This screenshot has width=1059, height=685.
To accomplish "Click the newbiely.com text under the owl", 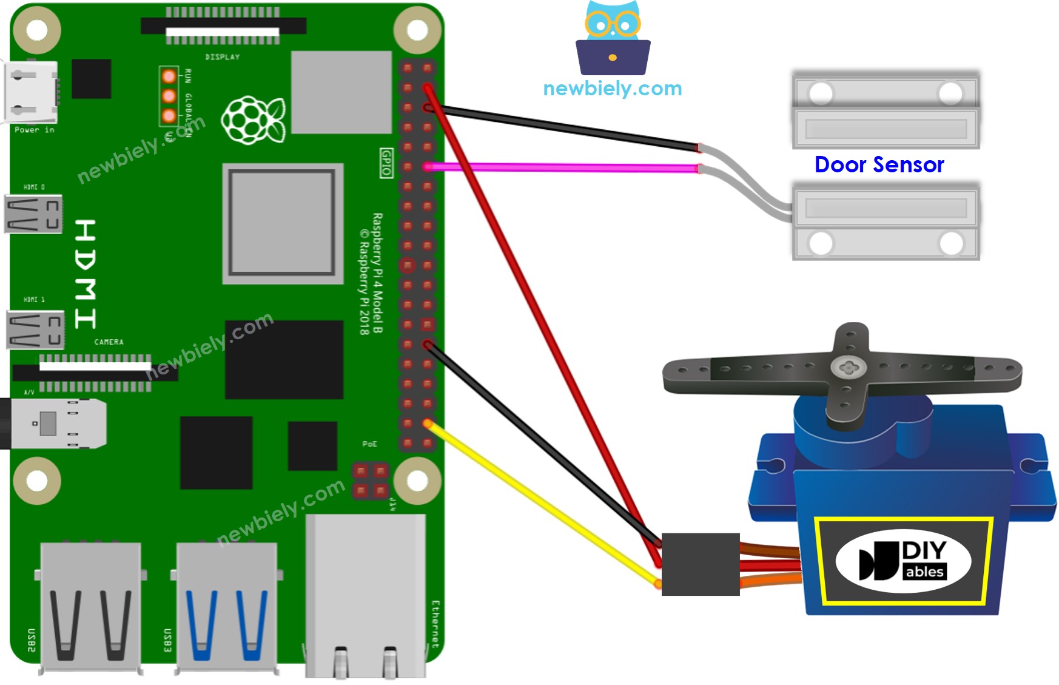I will [612, 89].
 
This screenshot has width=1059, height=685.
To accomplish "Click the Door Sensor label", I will [879, 164].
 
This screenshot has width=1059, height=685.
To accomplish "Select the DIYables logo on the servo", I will [903, 561].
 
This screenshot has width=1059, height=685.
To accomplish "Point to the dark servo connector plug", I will [700, 564].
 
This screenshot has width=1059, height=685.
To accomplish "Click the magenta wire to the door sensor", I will [564, 167].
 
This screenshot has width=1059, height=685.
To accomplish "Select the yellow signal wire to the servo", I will [540, 504].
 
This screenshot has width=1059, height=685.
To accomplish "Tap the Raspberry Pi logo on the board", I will [254, 120].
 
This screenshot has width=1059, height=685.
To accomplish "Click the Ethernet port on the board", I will [365, 595].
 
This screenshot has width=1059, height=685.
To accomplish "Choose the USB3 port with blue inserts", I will [226, 607].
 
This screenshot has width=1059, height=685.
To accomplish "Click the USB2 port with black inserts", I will [90, 607].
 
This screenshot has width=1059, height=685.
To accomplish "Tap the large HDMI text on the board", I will [86, 274].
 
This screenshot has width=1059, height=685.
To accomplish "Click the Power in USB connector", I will [32, 92].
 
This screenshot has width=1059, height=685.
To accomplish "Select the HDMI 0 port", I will [33, 214].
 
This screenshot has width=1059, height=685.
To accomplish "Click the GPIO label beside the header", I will [386, 163].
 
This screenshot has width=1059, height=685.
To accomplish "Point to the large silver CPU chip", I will [283, 223].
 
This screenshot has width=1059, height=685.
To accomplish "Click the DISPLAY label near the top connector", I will [222, 57].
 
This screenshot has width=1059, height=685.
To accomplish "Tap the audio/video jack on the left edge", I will [55, 423].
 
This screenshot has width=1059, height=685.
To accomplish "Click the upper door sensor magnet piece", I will [886, 109].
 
